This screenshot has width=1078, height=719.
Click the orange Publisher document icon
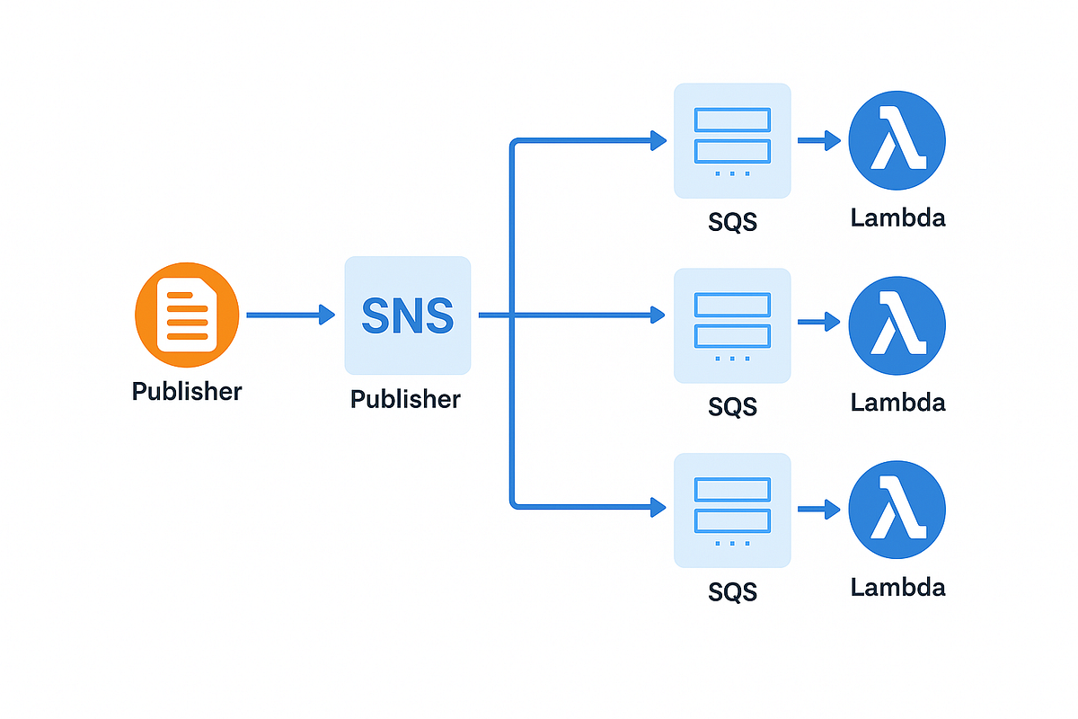point(187,315)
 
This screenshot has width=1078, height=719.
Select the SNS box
point(407,315)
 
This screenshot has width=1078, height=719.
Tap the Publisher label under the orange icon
point(187,392)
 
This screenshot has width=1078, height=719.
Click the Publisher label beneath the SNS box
point(405,399)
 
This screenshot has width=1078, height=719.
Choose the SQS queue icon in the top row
point(732,140)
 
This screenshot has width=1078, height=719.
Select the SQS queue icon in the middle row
point(732,325)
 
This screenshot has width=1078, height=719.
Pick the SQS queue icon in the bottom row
point(732,510)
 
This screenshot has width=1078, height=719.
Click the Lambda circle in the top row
point(897,140)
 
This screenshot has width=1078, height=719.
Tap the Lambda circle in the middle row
point(897,324)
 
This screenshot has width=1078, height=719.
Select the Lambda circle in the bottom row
point(897,510)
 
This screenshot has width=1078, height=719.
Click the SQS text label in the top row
point(732,222)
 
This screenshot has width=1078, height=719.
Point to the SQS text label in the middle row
point(732,406)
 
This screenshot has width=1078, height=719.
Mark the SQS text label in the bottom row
point(732,591)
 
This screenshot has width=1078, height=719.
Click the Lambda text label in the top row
point(897,217)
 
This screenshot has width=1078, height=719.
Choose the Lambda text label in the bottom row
point(897,588)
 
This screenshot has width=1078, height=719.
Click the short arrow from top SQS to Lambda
point(817,140)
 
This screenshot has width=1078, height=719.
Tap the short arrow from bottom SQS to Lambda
point(817,510)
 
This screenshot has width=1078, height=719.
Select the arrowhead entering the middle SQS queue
point(658,315)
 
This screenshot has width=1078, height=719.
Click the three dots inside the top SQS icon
point(732,173)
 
